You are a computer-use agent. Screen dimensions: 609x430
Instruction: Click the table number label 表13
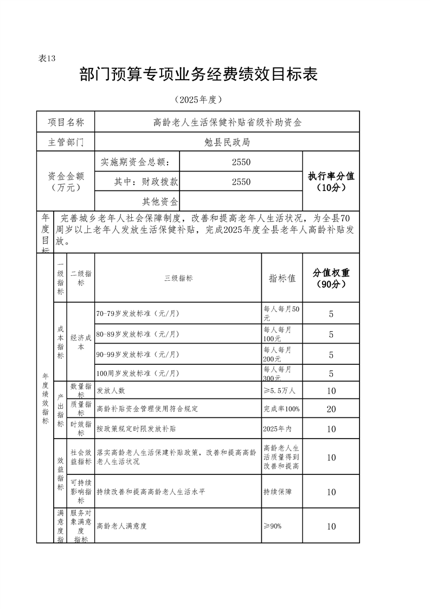(47, 59)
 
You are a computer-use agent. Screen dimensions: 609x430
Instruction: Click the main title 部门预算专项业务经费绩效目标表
(198, 75)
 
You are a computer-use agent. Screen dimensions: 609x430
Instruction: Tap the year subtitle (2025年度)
(198, 100)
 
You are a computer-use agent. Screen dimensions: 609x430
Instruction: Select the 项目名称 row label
(66, 122)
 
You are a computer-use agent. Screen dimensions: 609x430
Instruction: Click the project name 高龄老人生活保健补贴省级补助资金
(227, 122)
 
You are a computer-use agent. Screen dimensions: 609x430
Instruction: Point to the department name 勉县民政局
(227, 142)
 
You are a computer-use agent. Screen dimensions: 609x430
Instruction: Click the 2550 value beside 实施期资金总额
(241, 162)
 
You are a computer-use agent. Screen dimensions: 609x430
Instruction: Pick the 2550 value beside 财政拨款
(241, 182)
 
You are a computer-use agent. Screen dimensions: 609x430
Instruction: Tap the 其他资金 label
(160, 202)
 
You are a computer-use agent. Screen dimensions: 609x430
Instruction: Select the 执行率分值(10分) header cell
(331, 182)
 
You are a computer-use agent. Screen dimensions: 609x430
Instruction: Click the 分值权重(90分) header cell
(331, 278)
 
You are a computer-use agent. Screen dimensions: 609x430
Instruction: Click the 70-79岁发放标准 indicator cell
(138, 314)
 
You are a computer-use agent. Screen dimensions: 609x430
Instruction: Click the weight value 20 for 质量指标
(331, 409)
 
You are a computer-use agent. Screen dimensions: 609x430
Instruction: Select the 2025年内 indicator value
(277, 429)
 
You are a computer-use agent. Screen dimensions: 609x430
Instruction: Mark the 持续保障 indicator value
(278, 492)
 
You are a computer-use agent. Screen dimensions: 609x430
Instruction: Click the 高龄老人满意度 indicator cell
(122, 526)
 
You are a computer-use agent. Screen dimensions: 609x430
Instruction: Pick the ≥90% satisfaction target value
(273, 526)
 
